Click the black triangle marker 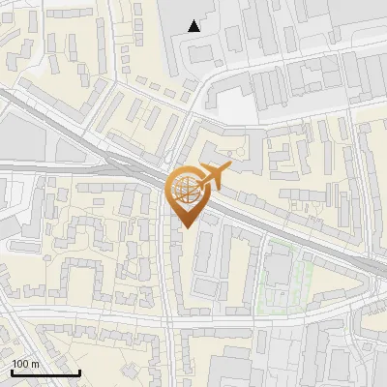coord(194,26)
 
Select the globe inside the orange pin coord(186,189)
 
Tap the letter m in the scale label coord(36,364)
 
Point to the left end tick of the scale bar coord(12,372)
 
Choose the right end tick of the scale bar coord(79,372)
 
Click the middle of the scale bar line coord(45,373)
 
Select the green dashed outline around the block coord(310,276)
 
